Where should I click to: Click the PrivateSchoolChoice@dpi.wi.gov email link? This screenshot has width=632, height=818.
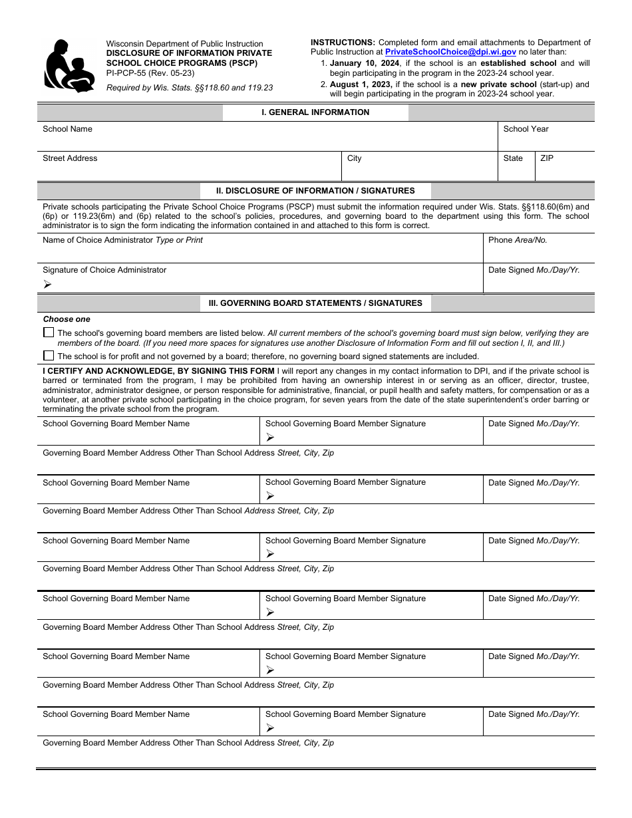pos(450,52)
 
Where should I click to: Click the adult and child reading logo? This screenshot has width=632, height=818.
pos(69,66)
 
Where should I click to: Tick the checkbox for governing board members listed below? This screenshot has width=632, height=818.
pos(49,333)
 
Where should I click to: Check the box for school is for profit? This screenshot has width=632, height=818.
pos(49,356)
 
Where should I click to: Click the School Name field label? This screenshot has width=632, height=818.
pos(67,129)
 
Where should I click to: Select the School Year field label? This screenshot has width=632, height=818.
pos(526,129)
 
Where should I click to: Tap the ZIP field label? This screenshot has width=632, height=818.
pos(547,158)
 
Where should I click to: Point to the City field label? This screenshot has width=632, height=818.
pos(354,158)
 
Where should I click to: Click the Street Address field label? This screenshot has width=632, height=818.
pos(70,158)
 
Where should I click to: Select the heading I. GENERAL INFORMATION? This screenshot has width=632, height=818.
pos(315,112)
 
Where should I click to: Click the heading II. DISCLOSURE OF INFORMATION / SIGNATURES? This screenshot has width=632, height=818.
pos(315,191)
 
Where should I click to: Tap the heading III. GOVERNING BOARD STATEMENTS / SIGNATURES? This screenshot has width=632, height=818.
pos(315,303)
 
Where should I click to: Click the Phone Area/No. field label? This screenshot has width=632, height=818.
pos(517,240)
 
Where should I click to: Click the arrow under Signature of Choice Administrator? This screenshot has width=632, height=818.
pos(47,284)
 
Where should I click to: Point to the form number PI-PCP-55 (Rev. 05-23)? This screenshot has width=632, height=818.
pos(150,73)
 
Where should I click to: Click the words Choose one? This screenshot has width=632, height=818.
pos(67,319)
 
